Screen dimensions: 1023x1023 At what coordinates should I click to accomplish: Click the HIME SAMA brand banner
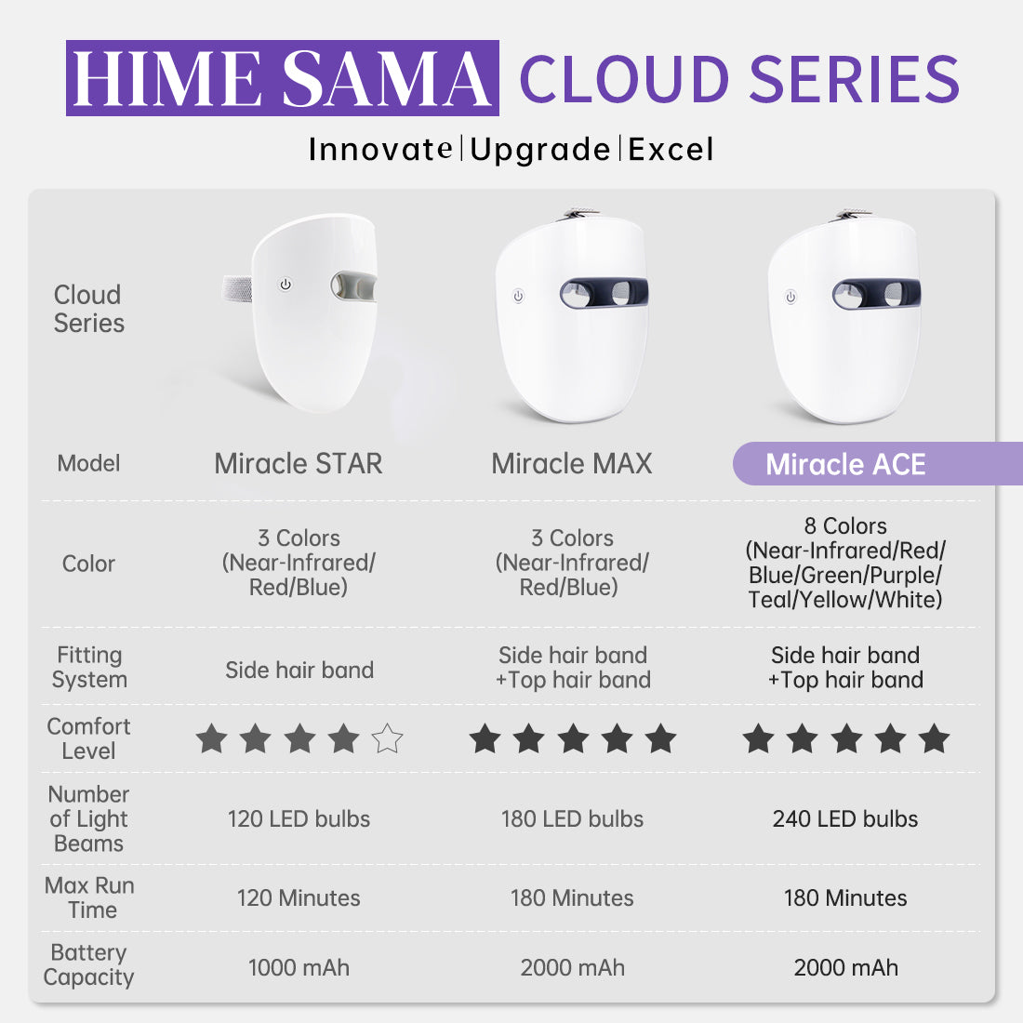(283, 77)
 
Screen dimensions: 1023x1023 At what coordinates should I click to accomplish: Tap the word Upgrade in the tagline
(540, 150)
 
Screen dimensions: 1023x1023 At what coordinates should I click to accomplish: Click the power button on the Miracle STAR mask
(286, 285)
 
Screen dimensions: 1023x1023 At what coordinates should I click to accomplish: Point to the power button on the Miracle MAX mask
(518, 296)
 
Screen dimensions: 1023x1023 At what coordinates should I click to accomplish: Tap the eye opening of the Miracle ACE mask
(876, 294)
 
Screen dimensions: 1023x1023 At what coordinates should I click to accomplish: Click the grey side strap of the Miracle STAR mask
(237, 288)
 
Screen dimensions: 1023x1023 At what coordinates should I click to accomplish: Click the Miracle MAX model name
(572, 464)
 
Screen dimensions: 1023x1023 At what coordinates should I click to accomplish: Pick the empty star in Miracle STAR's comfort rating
(387, 738)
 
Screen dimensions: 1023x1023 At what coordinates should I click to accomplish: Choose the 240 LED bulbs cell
(844, 818)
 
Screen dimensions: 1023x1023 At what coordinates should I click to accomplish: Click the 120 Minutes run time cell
(299, 898)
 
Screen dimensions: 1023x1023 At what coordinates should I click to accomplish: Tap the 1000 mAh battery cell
(299, 967)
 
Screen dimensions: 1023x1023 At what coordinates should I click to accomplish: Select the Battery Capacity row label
(88, 965)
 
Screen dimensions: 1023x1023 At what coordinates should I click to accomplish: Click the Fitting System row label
(89, 667)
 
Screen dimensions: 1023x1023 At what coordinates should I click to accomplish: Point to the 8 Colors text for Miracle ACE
(845, 525)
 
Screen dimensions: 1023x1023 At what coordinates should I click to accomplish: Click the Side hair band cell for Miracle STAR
(299, 670)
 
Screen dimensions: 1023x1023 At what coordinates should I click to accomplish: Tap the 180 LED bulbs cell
(572, 818)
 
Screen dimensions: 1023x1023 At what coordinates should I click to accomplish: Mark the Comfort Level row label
(88, 738)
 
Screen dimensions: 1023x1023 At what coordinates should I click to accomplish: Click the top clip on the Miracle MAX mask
(578, 214)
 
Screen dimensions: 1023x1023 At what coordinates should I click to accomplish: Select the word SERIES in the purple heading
(855, 79)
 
